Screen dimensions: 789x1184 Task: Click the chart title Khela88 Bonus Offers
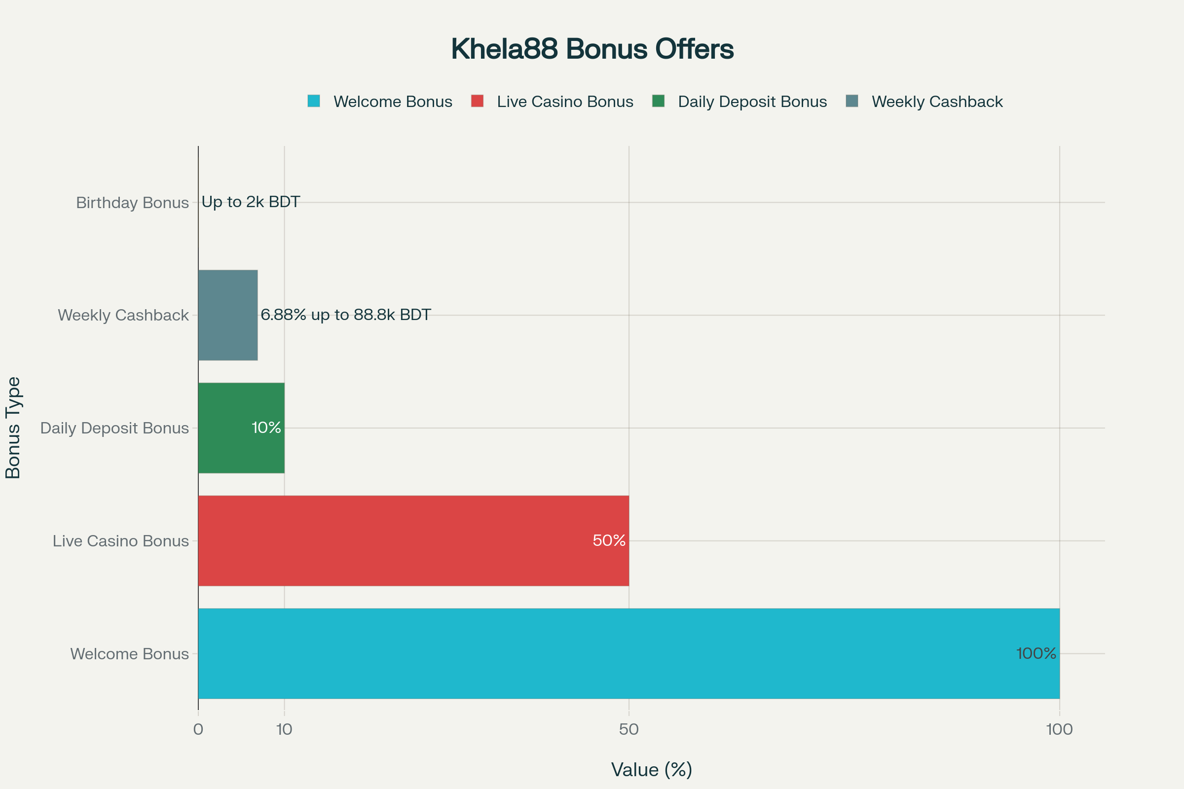(592, 49)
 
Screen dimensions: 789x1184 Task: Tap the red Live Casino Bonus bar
(413, 541)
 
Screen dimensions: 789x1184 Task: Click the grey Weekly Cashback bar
(227, 315)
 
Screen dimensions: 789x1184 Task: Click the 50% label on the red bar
(609, 541)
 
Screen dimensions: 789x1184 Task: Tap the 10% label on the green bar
(266, 428)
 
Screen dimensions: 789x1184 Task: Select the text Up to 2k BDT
(251, 202)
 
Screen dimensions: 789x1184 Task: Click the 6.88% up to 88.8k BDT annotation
(345, 315)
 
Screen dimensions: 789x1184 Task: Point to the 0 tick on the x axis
(198, 730)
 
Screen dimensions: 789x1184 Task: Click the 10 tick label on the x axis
(285, 730)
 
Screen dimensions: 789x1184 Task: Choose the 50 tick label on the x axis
(629, 730)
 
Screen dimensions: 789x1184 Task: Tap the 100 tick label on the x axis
(1059, 730)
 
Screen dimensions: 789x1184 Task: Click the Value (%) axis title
(651, 770)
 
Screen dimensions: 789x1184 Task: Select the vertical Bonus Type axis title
(13, 428)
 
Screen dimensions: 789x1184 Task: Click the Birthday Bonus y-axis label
(132, 203)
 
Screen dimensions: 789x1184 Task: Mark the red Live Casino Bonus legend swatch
(477, 101)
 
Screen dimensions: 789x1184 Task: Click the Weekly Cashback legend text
(937, 102)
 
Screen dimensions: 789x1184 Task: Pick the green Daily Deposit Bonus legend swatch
(658, 101)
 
